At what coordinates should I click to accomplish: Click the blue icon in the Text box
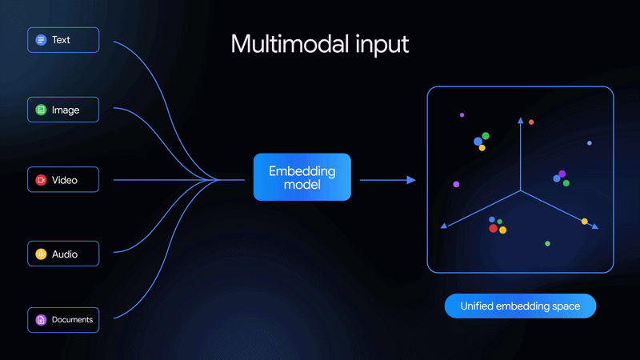(41, 39)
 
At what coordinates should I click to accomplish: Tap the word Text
(61, 39)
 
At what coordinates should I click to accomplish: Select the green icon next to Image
(41, 110)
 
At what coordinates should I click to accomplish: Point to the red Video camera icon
(41, 180)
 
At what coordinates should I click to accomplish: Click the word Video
(65, 180)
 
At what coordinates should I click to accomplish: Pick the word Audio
(65, 254)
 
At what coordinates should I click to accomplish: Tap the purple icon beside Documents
(41, 320)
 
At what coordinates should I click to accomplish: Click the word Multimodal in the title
(277, 44)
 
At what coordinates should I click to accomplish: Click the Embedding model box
(302, 177)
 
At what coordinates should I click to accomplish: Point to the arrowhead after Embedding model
(412, 180)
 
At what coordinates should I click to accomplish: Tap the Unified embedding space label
(520, 306)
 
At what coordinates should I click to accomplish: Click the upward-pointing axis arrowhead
(520, 121)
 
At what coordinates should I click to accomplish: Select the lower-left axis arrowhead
(444, 227)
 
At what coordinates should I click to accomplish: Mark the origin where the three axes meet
(520, 191)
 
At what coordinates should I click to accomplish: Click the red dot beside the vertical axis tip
(531, 122)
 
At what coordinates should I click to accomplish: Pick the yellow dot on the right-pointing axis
(585, 222)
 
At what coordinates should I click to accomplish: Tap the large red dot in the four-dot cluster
(494, 228)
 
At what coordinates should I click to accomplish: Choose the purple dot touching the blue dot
(562, 174)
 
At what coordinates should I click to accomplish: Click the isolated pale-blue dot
(590, 143)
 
